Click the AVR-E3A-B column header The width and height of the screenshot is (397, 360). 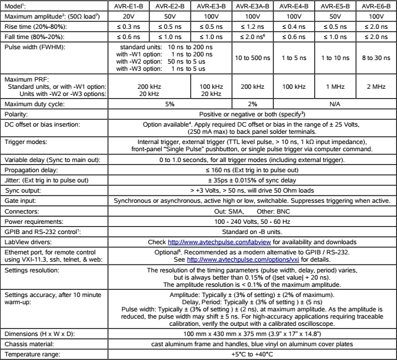[x=258, y=5]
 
